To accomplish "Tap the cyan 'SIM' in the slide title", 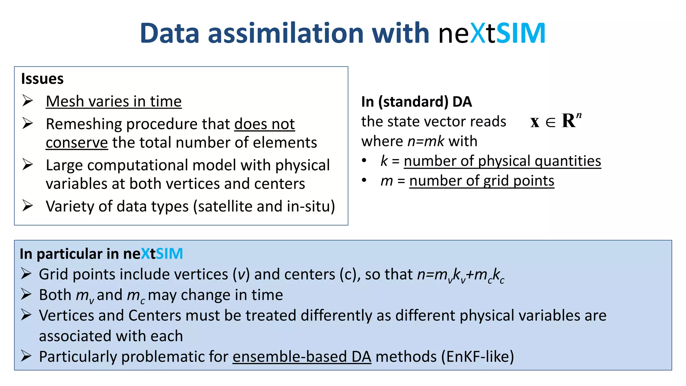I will pos(521,33).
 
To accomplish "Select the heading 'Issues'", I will pos(42,79).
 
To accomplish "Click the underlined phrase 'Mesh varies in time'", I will pos(114,101).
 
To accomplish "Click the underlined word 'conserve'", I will pos(77,143).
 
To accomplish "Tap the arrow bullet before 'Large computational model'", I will pos(27,165).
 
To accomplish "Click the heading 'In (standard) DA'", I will pos(416,102).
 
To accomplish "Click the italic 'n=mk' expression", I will pos(426,141).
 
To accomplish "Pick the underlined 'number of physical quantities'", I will pos(502,161).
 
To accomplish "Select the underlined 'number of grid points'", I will pos(482,181).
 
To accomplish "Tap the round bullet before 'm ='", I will pos(364,181).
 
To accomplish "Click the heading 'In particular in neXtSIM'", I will pos(101,254).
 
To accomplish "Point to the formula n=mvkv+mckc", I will pos(461,275).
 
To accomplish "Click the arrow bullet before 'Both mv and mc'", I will pos(26,295).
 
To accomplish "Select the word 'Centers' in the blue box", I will pos(155,316).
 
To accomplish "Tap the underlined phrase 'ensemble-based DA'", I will pos(302,357).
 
